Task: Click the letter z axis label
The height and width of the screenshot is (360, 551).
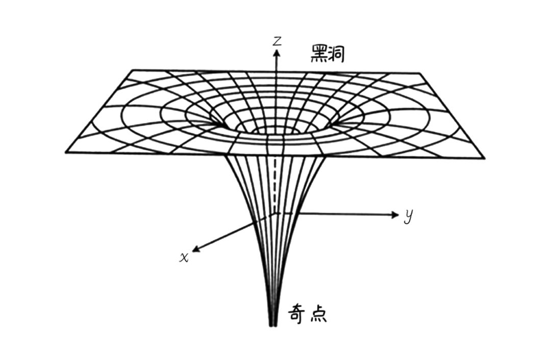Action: (277, 41)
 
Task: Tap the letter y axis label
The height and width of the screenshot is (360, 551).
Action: (408, 217)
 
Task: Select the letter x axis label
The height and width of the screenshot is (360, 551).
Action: (184, 257)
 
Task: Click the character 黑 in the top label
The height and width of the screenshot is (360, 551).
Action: (319, 53)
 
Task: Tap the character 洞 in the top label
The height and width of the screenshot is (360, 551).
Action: (336, 53)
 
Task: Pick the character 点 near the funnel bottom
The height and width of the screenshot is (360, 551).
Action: (317, 313)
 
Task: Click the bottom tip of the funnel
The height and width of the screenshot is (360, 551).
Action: (273, 324)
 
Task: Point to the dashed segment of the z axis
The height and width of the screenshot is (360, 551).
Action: (276, 184)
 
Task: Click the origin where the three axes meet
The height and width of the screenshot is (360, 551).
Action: (276, 213)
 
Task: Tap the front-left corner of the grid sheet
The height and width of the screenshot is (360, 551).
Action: (66, 152)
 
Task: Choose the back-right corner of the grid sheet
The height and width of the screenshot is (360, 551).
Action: (421, 74)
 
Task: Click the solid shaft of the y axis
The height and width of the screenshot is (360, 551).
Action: (347, 214)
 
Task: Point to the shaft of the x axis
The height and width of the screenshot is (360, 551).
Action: (230, 234)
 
